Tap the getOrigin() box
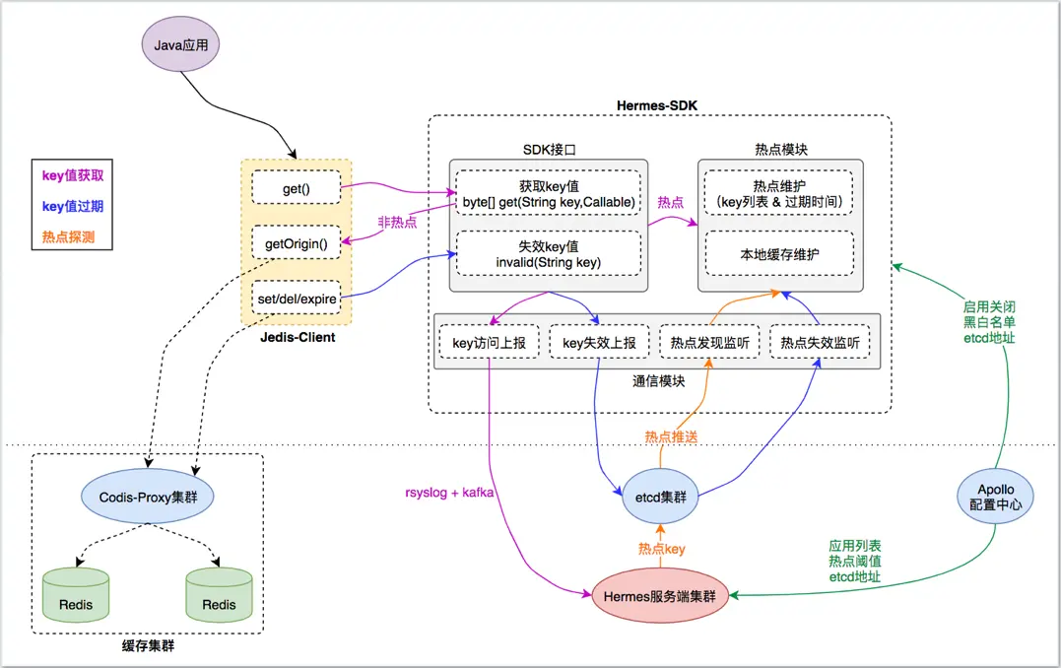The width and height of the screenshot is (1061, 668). click(x=297, y=242)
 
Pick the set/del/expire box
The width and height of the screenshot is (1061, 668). click(x=297, y=298)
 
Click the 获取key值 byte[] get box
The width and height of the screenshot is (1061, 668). click(x=547, y=194)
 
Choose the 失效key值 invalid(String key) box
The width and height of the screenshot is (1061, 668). click(x=547, y=253)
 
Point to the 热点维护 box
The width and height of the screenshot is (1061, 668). click(x=780, y=194)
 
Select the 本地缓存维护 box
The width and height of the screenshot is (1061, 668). click(x=780, y=254)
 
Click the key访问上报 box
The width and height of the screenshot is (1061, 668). click(x=489, y=344)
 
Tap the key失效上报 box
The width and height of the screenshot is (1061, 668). click(x=599, y=344)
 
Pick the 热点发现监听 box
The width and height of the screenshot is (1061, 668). click(x=709, y=344)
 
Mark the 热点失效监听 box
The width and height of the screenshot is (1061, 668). click(x=820, y=344)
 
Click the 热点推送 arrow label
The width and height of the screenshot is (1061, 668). click(x=671, y=435)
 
